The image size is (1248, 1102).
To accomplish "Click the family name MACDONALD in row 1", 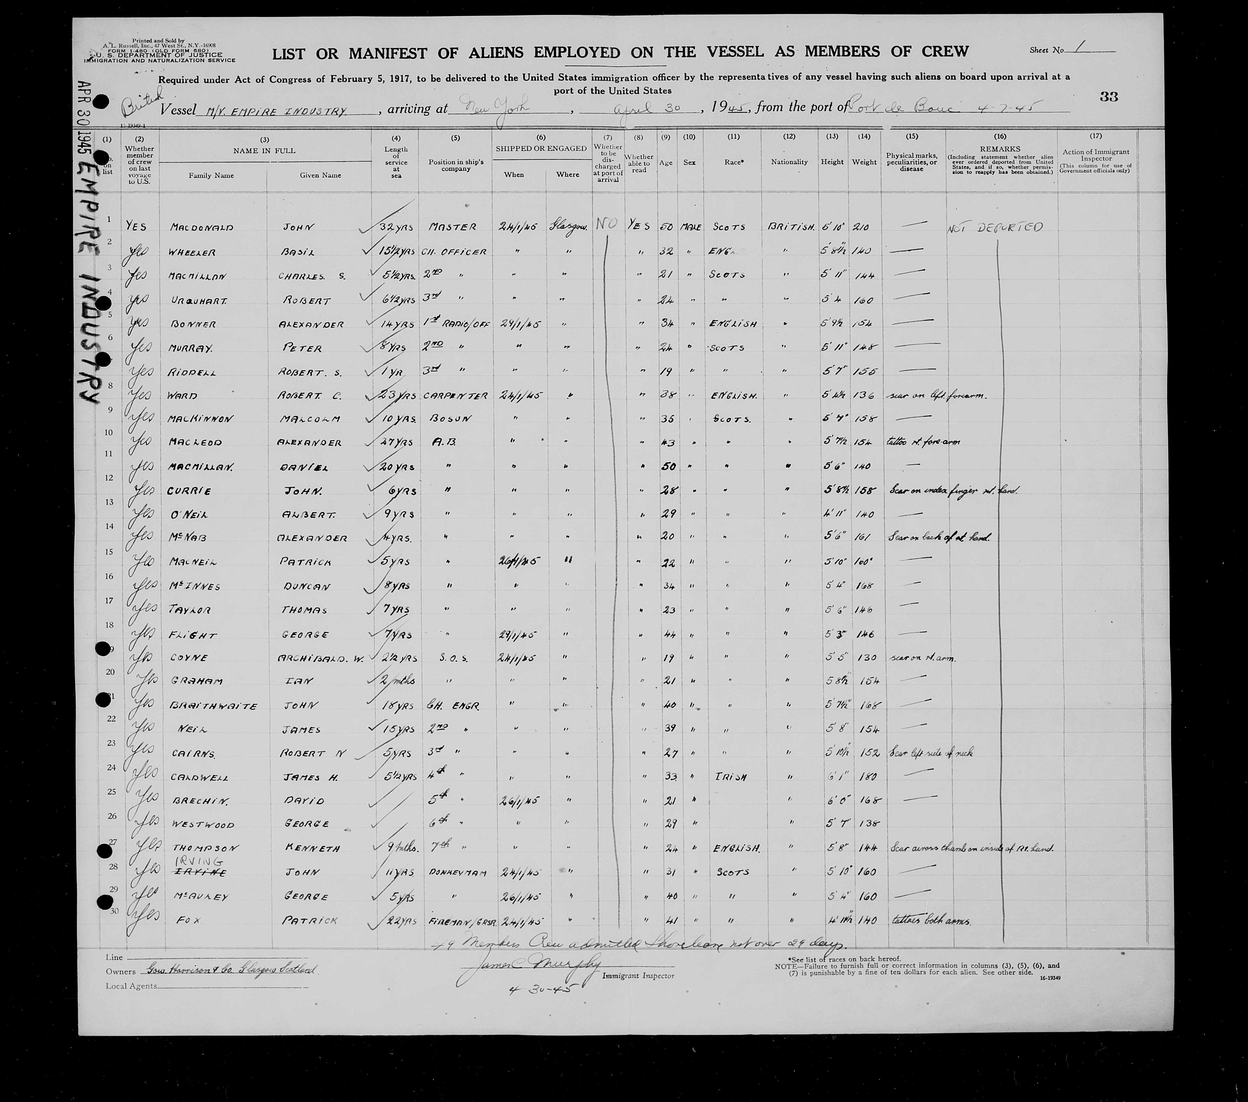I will click(x=201, y=227).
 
